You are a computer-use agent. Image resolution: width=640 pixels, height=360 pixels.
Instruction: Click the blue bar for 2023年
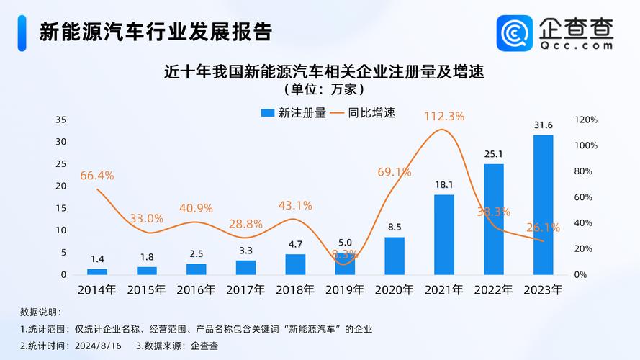point(543,205)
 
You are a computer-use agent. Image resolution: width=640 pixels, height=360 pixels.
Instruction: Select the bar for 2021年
point(444,235)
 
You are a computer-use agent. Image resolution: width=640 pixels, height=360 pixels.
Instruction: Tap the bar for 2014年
point(97,271)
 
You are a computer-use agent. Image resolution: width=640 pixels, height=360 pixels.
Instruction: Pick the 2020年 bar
point(395,256)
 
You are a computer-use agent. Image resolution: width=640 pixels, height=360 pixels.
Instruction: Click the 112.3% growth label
point(444,115)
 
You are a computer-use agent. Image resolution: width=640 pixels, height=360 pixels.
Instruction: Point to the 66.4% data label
point(97,175)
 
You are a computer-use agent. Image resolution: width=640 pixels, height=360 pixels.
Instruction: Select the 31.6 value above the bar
point(543,125)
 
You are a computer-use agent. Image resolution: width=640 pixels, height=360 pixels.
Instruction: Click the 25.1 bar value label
point(494,154)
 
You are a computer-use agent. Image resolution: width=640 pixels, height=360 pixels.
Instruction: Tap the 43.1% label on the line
point(295,205)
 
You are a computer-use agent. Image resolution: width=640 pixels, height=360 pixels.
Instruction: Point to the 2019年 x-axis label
point(344,290)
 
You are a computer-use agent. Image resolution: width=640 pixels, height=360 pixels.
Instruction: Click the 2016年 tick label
point(196,290)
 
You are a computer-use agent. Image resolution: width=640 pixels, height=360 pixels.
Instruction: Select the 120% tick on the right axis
point(585,120)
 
